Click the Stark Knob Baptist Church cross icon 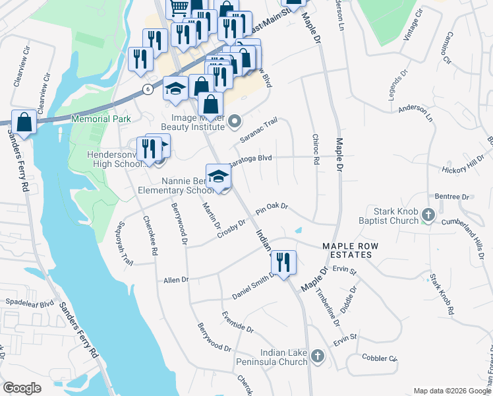(x=428, y=214)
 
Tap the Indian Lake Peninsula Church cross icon (x=318, y=356)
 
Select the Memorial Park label (x=101, y=119)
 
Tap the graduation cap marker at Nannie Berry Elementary (x=219, y=177)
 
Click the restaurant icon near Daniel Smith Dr (x=283, y=262)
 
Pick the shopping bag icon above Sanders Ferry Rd (x=24, y=122)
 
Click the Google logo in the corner (x=22, y=388)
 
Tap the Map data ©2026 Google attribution (x=451, y=391)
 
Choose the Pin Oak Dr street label (x=272, y=207)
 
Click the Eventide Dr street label (x=238, y=322)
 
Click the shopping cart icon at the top (x=179, y=8)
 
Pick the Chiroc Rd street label (x=316, y=152)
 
